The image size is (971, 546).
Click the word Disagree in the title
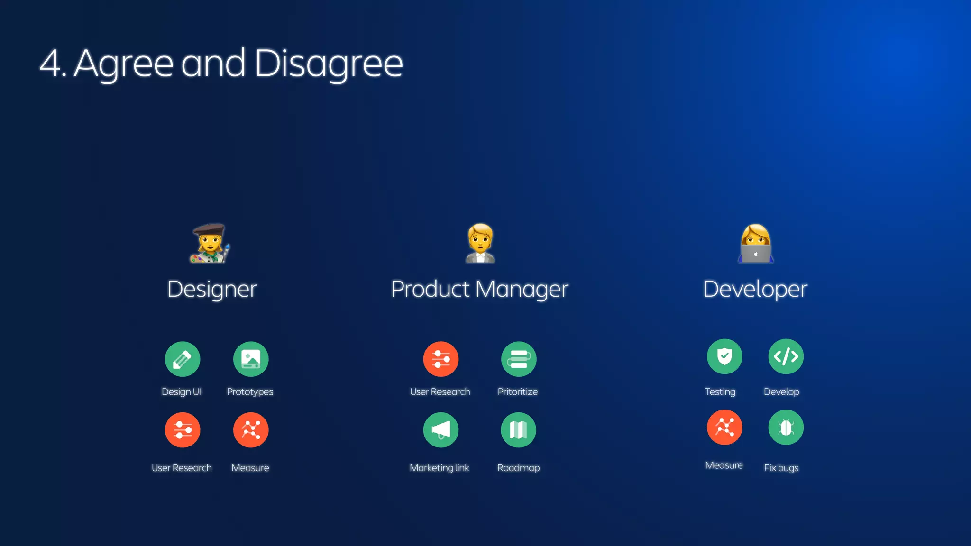click(329, 64)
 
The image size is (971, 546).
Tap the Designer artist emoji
click(210, 243)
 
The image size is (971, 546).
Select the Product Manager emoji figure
click(480, 243)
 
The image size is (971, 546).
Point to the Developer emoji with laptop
click(755, 243)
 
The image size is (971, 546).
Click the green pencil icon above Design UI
click(183, 359)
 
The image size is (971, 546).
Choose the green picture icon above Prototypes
click(251, 359)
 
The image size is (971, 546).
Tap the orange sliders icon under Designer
click(183, 430)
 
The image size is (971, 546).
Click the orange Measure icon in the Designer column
click(251, 430)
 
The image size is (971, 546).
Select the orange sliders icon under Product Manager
click(441, 359)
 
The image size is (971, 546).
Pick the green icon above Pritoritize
click(519, 359)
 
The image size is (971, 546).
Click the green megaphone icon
click(441, 430)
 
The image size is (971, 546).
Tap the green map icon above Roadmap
click(519, 430)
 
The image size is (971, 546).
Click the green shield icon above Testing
click(724, 356)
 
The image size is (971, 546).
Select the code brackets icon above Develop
click(786, 356)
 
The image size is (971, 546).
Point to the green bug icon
click(786, 428)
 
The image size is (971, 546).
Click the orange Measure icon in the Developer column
click(724, 428)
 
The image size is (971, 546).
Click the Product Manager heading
click(480, 289)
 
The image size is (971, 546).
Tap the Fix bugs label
click(781, 468)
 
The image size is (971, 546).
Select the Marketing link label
click(440, 468)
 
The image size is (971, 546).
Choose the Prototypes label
click(250, 392)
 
